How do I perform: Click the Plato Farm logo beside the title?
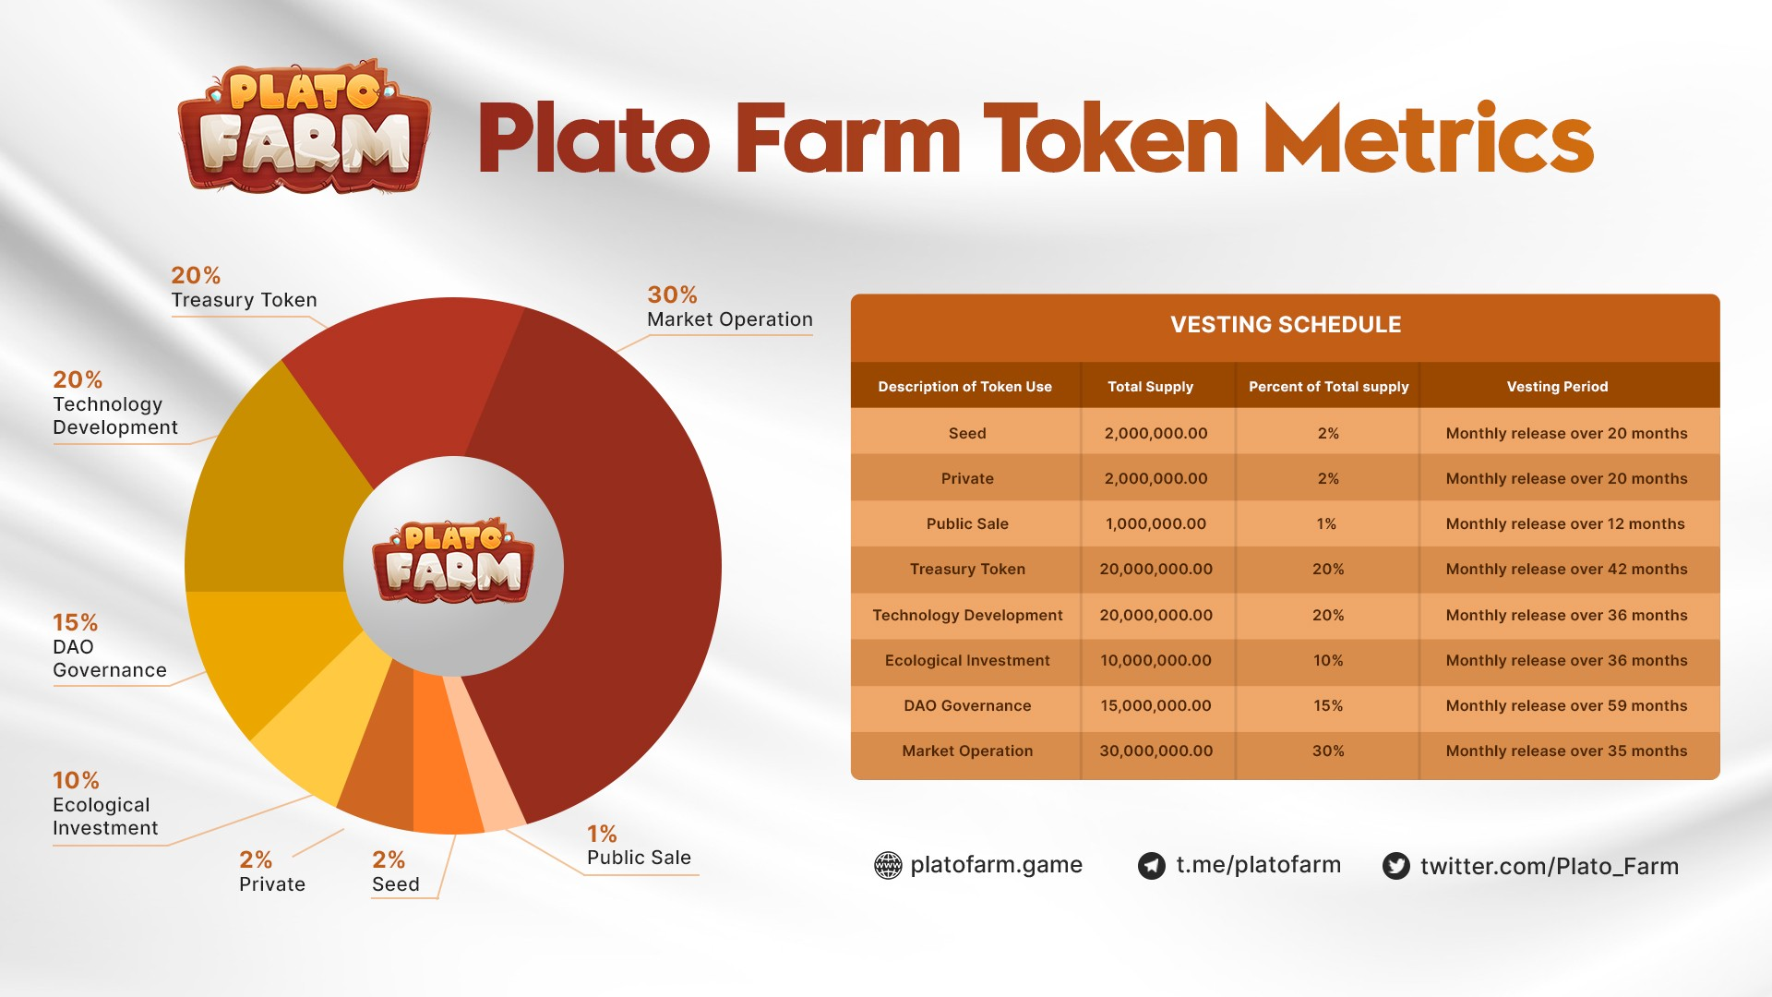(x=304, y=128)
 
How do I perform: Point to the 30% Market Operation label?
(x=729, y=308)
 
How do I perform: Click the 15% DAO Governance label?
(x=109, y=646)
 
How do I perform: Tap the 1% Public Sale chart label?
(x=639, y=847)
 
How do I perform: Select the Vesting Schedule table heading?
(x=1285, y=325)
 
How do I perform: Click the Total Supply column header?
(x=1150, y=387)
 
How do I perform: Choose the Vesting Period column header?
(x=1557, y=387)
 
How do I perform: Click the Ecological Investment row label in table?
(x=967, y=661)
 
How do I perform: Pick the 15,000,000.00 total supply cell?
(x=1155, y=706)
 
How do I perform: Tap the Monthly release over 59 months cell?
(x=1566, y=706)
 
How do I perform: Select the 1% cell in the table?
(x=1326, y=524)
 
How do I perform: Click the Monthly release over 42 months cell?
(x=1566, y=570)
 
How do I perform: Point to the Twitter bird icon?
(x=1395, y=866)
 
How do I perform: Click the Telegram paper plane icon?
(x=1151, y=866)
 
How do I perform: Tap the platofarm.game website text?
(x=996, y=865)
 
